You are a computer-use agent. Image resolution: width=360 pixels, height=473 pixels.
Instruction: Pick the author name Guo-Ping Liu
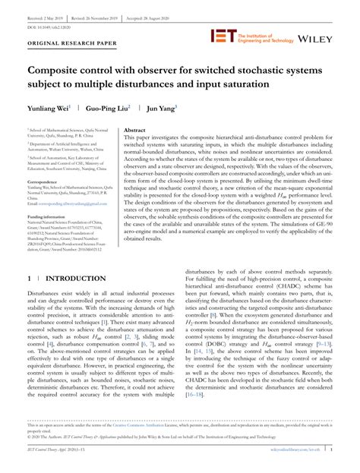point(106,108)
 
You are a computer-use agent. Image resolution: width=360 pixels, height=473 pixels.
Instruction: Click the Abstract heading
point(134,131)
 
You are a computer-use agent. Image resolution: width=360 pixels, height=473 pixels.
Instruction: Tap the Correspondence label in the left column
point(45,181)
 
